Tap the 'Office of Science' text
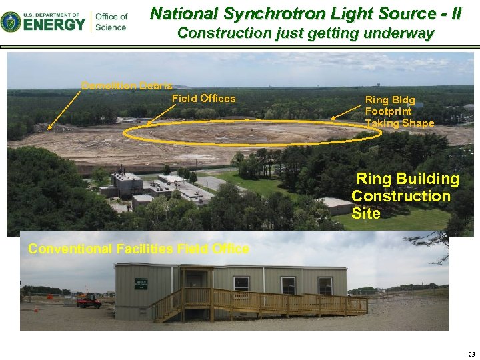pyautogui.click(x=111, y=21)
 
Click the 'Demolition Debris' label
pyautogui.click(x=127, y=85)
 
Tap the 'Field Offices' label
pyautogui.click(x=203, y=99)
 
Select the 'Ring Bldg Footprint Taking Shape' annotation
pyautogui.click(x=399, y=112)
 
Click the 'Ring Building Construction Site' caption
pyautogui.click(x=403, y=196)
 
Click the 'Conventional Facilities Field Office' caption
pyautogui.click(x=139, y=249)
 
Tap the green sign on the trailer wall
pyautogui.click(x=141, y=283)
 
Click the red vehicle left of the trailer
pyautogui.click(x=89, y=301)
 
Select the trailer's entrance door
pyautogui.click(x=195, y=289)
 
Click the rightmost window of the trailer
pyautogui.click(x=325, y=285)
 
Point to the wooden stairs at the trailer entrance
pyautogui.click(x=167, y=308)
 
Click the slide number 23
pyautogui.click(x=471, y=354)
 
